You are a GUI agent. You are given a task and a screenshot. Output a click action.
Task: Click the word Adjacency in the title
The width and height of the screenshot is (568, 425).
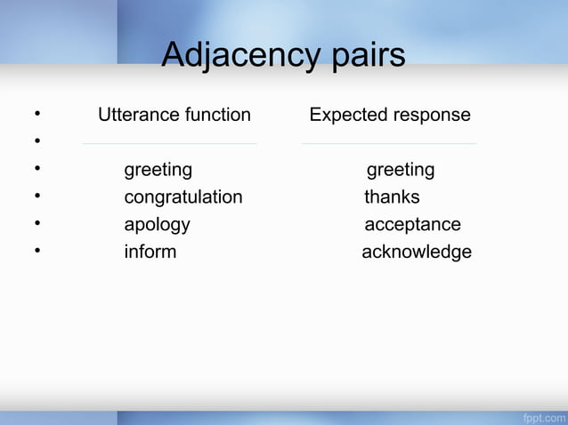[x=234, y=56]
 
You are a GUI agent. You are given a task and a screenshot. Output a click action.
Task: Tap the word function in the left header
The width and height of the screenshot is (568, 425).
[x=217, y=115]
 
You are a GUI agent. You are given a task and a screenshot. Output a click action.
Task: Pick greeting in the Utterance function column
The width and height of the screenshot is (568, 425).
[x=158, y=170]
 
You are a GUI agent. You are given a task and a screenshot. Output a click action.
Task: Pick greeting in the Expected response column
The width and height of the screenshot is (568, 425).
[x=401, y=170]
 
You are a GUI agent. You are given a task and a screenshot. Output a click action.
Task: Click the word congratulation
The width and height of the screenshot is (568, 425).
[x=183, y=196]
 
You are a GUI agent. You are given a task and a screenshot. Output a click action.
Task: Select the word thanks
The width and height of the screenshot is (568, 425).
[x=392, y=196]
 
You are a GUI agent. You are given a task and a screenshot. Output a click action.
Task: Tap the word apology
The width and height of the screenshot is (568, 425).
[x=157, y=224]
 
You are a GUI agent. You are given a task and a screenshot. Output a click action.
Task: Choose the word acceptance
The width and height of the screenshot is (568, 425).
[x=412, y=224]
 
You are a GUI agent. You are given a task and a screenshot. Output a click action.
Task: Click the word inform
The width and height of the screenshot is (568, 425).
[x=150, y=252]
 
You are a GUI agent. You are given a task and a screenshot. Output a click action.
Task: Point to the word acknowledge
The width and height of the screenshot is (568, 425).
[x=417, y=252]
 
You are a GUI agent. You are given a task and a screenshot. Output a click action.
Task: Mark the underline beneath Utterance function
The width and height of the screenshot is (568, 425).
[x=169, y=142]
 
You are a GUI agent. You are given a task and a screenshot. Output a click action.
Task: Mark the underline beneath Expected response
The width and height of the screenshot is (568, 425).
[x=389, y=142]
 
